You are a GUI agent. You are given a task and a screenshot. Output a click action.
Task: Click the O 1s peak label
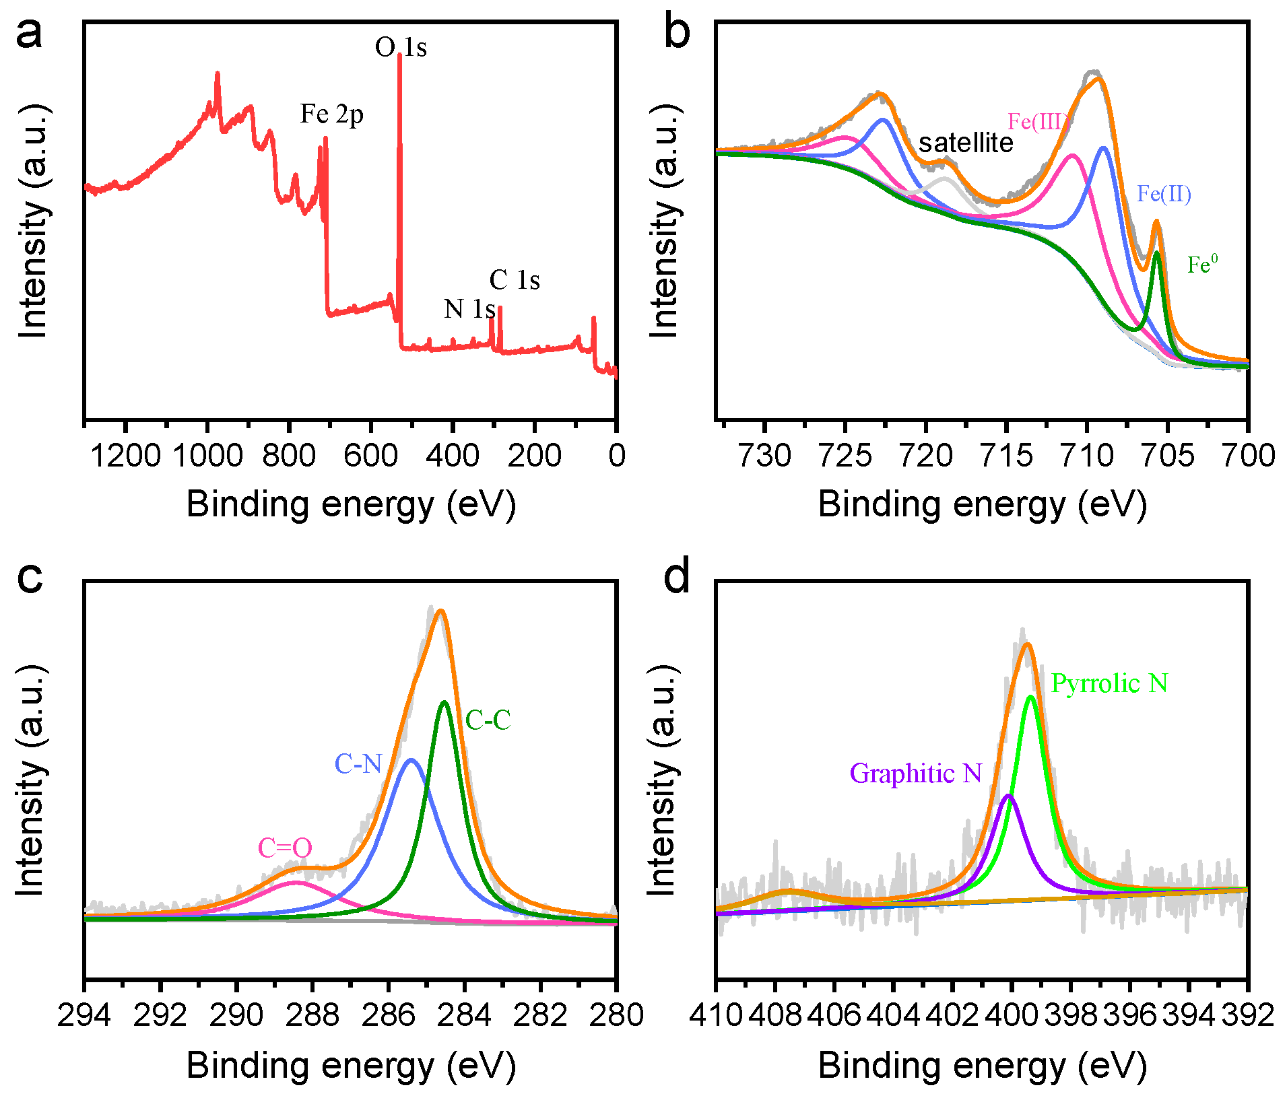point(400,48)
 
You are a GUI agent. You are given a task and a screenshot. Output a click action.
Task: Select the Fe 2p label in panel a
point(331,114)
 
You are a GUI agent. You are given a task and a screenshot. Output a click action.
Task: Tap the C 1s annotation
point(515,280)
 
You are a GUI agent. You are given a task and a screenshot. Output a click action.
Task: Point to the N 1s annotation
point(469,309)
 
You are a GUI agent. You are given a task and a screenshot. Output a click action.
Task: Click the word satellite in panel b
point(966,143)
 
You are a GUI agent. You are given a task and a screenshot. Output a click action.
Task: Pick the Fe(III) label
point(1038,122)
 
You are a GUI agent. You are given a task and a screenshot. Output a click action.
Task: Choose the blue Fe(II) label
point(1164,195)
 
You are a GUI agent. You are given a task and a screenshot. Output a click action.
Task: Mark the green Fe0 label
point(1202,265)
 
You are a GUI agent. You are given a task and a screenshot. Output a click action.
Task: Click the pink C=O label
point(285,848)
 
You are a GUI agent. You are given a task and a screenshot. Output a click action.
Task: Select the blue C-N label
point(358,764)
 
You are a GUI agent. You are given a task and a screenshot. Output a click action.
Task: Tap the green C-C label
point(488,721)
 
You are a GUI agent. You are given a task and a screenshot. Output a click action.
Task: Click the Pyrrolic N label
point(1109,684)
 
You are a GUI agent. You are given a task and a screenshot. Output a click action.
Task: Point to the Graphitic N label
point(915,774)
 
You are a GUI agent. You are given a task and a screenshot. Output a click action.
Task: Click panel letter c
point(30,578)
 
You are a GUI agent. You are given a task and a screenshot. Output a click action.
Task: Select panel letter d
point(677,576)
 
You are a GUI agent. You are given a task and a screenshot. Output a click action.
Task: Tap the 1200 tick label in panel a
point(125,456)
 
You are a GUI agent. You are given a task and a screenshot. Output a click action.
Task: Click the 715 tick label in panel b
point(1006,456)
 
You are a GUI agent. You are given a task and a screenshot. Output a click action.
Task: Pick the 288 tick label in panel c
point(312,1015)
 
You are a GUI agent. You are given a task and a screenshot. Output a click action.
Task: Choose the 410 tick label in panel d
point(715,1015)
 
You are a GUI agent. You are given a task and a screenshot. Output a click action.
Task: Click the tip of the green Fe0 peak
point(1156,252)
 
